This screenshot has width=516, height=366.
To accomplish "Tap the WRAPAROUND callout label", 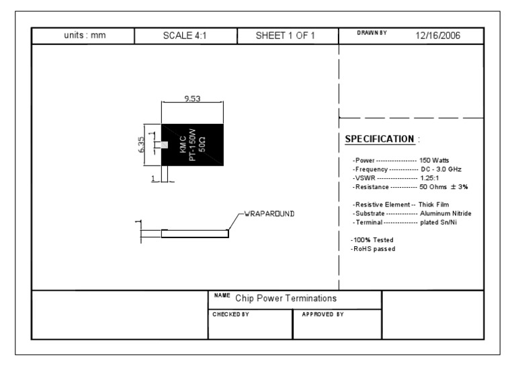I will pyautogui.click(x=268, y=213).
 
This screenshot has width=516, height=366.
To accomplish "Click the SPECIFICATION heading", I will pyautogui.click(x=379, y=139).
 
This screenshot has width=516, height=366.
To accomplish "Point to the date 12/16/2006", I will pyautogui.click(x=439, y=35).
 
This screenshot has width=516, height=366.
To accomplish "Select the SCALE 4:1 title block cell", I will pyautogui.click(x=184, y=36).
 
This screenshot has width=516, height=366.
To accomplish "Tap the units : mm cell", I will pyautogui.click(x=83, y=36).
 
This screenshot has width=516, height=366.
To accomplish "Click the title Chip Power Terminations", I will pyautogui.click(x=286, y=298).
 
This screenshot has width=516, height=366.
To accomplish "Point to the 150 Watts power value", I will pyautogui.click(x=434, y=160).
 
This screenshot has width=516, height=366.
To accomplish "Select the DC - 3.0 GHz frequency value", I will pyautogui.click(x=440, y=169).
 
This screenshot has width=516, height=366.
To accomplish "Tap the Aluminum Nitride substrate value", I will pyautogui.click(x=445, y=213).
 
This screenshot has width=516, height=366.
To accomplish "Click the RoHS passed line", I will pyautogui.click(x=373, y=249).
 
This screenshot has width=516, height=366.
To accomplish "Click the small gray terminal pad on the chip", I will pyautogui.click(x=163, y=145).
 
